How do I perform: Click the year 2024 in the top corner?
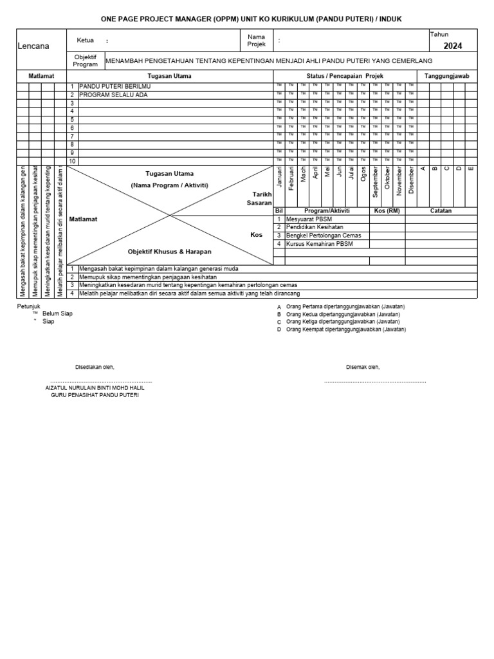452,46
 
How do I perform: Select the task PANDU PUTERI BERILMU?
107,86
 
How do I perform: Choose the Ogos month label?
364,174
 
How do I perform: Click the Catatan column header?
441,210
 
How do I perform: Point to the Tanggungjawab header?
447,76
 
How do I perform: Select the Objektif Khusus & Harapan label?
169,252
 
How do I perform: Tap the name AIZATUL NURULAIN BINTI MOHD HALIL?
95,388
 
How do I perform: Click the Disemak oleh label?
363,367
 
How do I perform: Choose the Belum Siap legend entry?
57,313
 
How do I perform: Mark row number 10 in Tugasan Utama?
73,161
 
